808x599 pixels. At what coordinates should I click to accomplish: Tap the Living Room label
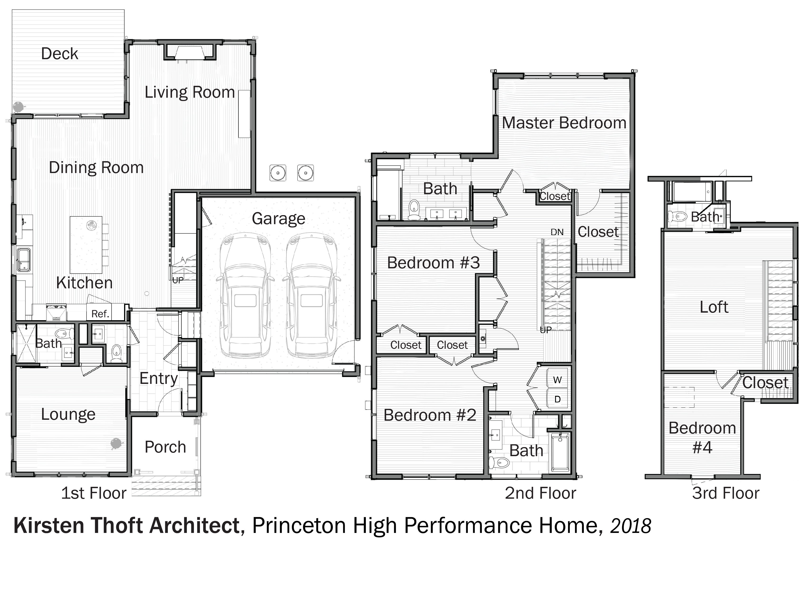coord(190,92)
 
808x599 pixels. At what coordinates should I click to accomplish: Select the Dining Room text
coord(96,168)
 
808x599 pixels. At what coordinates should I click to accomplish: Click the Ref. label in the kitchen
coord(100,314)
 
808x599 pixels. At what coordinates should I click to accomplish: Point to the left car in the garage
coord(245,295)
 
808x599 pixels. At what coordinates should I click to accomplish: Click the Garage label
coord(279,219)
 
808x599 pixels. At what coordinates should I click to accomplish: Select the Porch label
coord(165,447)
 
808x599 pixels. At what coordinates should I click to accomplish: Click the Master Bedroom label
coord(564,123)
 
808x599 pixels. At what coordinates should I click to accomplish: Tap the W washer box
coord(558,379)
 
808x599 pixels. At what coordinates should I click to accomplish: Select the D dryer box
coord(558,399)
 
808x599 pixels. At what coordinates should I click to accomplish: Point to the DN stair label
coord(557,232)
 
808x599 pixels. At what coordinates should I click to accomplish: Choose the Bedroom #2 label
coord(430,415)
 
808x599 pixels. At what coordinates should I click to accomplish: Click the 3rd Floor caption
coord(726,493)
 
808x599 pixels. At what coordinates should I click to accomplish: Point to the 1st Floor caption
coord(94,493)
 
